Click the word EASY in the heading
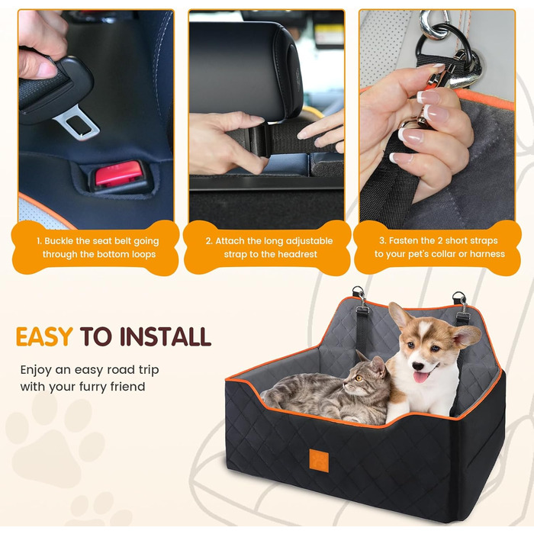(44, 336)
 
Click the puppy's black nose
(417, 366)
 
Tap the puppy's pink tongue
(421, 378)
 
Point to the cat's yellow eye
(359, 378)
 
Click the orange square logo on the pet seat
(319, 461)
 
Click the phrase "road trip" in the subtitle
(133, 370)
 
